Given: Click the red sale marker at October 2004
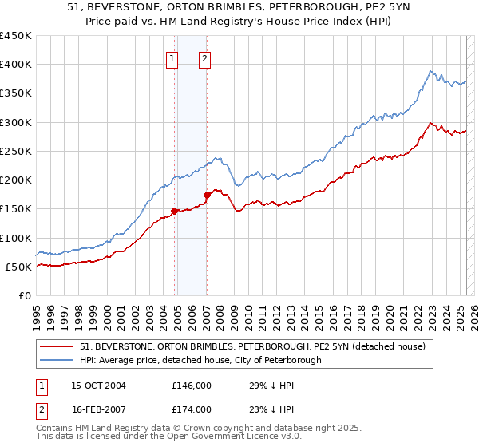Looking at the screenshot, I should click(x=174, y=212).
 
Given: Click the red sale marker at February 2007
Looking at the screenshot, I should click(x=207, y=195).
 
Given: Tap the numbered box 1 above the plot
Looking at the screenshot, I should click(x=172, y=57).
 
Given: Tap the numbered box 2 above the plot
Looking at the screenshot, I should click(x=204, y=57).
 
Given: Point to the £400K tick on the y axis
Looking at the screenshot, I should click(x=16, y=65).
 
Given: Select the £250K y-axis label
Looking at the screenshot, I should click(x=16, y=151).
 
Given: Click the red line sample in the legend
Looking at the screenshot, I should click(x=57, y=346).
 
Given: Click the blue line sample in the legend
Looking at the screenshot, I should click(x=57, y=360).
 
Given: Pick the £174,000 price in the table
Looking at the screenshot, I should click(x=192, y=409).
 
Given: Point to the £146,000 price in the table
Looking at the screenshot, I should click(x=192, y=385).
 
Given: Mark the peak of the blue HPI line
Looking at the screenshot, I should click(x=430, y=70).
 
